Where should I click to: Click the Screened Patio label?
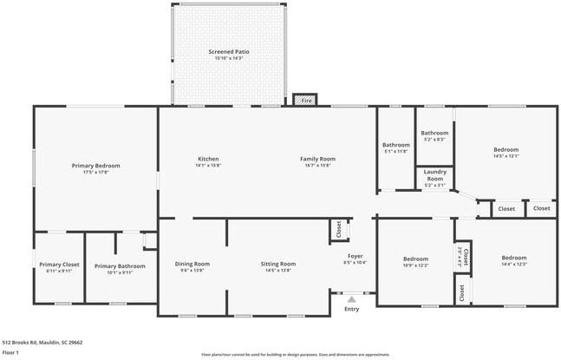(x=229, y=52)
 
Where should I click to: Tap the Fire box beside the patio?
(x=305, y=101)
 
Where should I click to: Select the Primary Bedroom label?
(x=95, y=165)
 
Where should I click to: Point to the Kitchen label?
(x=208, y=159)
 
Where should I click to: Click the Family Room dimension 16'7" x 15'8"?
(x=317, y=165)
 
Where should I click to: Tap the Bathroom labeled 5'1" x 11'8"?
(x=395, y=145)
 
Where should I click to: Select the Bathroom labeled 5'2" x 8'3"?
(x=434, y=133)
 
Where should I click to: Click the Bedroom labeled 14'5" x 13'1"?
(x=506, y=150)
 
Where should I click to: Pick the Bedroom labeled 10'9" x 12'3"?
(x=415, y=259)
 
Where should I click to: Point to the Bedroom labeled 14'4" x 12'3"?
(x=513, y=258)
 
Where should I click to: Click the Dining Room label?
(x=192, y=264)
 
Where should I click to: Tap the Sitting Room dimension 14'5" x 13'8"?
(x=278, y=271)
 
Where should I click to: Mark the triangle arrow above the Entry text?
(x=351, y=299)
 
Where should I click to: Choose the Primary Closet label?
(x=59, y=265)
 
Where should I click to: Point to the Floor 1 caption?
(x=11, y=352)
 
